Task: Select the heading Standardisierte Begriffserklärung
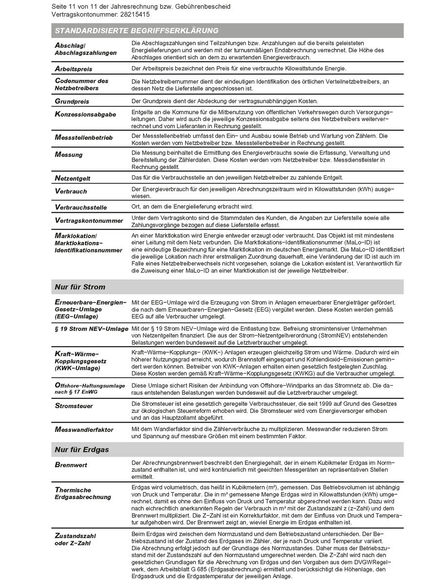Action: click(x=136, y=31)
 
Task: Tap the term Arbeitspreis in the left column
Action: click(x=74, y=69)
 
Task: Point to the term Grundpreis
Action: click(x=72, y=101)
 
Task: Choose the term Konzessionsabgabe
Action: click(x=85, y=114)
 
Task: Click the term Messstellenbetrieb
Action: click(x=84, y=138)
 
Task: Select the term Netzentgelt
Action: click(x=73, y=179)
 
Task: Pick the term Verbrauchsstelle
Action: click(x=81, y=207)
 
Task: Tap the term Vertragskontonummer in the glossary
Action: click(x=89, y=221)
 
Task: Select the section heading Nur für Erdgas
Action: click(x=82, y=449)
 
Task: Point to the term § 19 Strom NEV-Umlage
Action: click(x=92, y=329)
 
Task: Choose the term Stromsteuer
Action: click(x=74, y=406)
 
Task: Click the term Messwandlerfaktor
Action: click(x=84, y=430)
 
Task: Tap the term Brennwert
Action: click(x=71, y=465)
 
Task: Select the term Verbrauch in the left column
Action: click(x=71, y=191)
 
